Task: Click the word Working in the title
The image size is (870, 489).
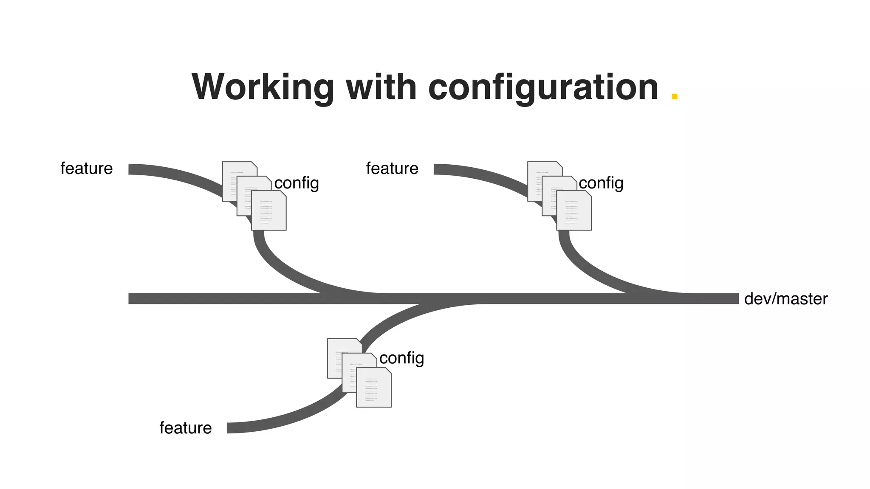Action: coord(263,87)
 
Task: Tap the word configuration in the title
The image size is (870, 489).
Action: coord(543,87)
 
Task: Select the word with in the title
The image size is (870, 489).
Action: coord(381,87)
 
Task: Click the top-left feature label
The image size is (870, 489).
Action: coord(87,169)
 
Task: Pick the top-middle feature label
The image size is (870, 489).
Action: coord(392,169)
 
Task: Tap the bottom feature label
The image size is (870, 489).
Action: coord(186,428)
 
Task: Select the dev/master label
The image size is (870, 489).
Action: coord(785,299)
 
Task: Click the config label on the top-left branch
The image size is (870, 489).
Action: coord(297,183)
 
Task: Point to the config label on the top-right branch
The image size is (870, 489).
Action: coord(601,183)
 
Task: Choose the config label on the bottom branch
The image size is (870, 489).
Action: coord(401,358)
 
